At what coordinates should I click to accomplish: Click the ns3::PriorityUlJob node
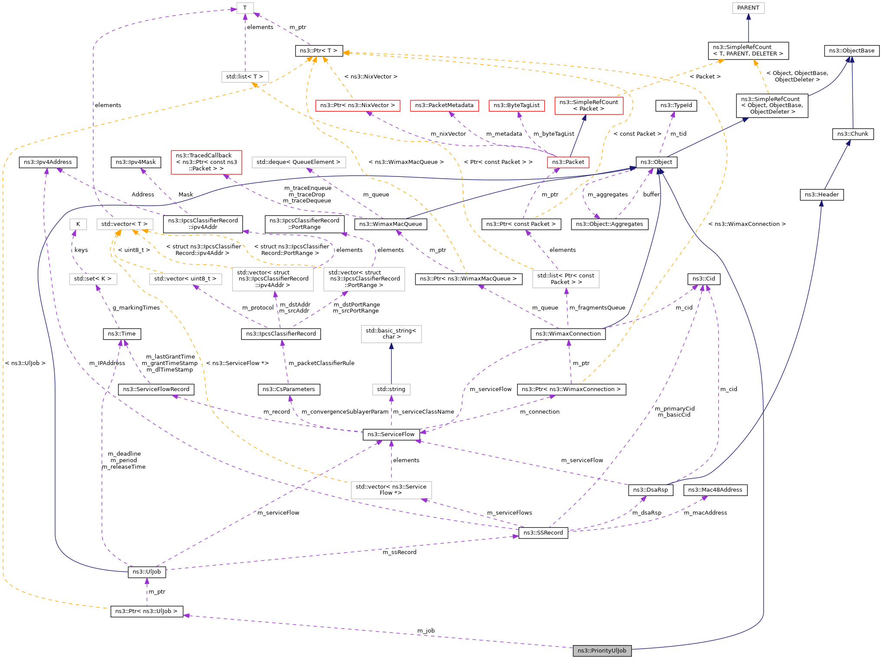tap(602, 650)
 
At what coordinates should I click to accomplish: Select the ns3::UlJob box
tap(146, 571)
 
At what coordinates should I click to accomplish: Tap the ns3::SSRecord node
tap(543, 532)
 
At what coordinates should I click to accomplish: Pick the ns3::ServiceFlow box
tap(391, 434)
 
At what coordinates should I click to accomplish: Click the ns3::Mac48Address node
tap(715, 490)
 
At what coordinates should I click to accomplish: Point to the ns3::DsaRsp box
tap(651, 490)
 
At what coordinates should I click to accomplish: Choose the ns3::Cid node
tap(704, 278)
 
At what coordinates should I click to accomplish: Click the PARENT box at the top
tap(748, 8)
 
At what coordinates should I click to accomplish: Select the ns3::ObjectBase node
tap(852, 51)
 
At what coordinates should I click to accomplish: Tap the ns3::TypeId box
tap(676, 105)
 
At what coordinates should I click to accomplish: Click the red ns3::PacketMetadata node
tap(444, 105)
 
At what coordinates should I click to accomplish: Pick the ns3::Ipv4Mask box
tap(136, 162)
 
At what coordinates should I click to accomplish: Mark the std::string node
tap(391, 389)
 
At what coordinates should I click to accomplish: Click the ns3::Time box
tap(122, 334)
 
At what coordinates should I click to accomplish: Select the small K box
tap(78, 224)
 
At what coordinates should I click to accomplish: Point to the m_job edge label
tap(426, 630)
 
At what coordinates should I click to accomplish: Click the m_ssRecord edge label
tap(399, 552)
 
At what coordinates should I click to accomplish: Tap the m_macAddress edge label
tap(705, 512)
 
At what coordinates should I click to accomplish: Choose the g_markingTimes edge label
tap(136, 308)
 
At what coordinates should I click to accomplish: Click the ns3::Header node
tap(821, 195)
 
